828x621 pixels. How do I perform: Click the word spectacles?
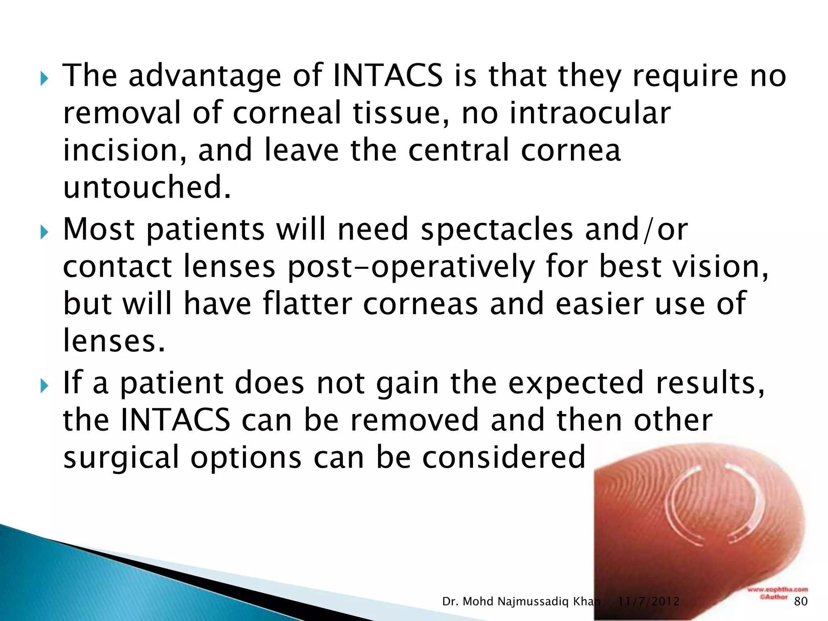(497, 229)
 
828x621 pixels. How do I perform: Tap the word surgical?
(121, 457)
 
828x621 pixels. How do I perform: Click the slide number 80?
(801, 602)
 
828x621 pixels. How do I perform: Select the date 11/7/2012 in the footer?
(648, 602)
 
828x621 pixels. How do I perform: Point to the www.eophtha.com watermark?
(777, 589)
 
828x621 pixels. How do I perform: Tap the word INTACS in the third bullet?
(175, 420)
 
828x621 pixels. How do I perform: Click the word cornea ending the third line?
(570, 150)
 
